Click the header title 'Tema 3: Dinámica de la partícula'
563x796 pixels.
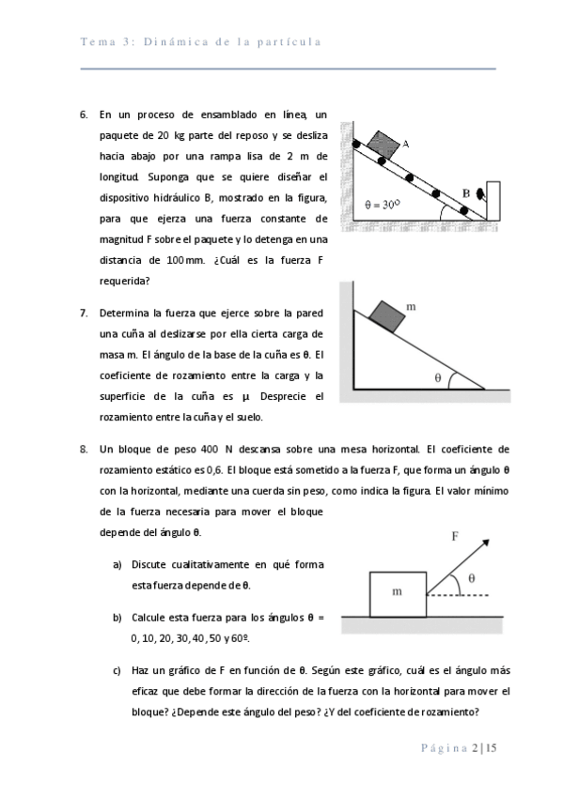[201, 41]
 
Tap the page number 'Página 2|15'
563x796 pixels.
[459, 748]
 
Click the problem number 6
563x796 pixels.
[84, 115]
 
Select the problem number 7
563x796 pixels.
[84, 314]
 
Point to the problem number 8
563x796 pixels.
[84, 450]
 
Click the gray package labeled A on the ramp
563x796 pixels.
[383, 145]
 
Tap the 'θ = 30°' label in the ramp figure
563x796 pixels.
[383, 205]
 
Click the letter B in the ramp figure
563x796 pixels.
[466, 193]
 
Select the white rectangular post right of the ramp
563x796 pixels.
[493, 201]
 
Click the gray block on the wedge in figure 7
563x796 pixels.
[387, 316]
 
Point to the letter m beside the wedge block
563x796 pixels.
[412, 307]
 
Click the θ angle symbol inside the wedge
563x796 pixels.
[438, 377]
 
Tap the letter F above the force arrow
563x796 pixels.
[455, 536]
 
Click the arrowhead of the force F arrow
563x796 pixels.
[485, 543]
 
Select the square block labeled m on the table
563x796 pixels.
[398, 594]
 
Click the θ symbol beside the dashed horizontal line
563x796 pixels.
[472, 578]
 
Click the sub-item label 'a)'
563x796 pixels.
[117, 565]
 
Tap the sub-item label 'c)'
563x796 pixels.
[117, 670]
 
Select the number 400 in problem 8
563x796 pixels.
[210, 450]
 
